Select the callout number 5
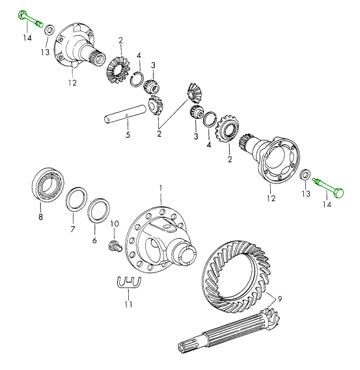pyautogui.click(x=128, y=135)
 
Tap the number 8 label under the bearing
pyautogui.click(x=40, y=217)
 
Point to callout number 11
pyautogui.click(x=128, y=304)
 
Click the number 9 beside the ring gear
pyautogui.click(x=279, y=299)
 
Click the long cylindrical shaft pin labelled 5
pyautogui.click(x=125, y=114)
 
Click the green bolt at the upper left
pyautogui.click(x=30, y=18)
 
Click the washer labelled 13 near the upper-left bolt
pyautogui.click(x=49, y=29)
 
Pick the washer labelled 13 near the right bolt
pyautogui.click(x=305, y=174)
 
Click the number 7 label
pyautogui.click(x=73, y=229)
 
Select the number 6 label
pyautogui.click(x=94, y=240)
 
